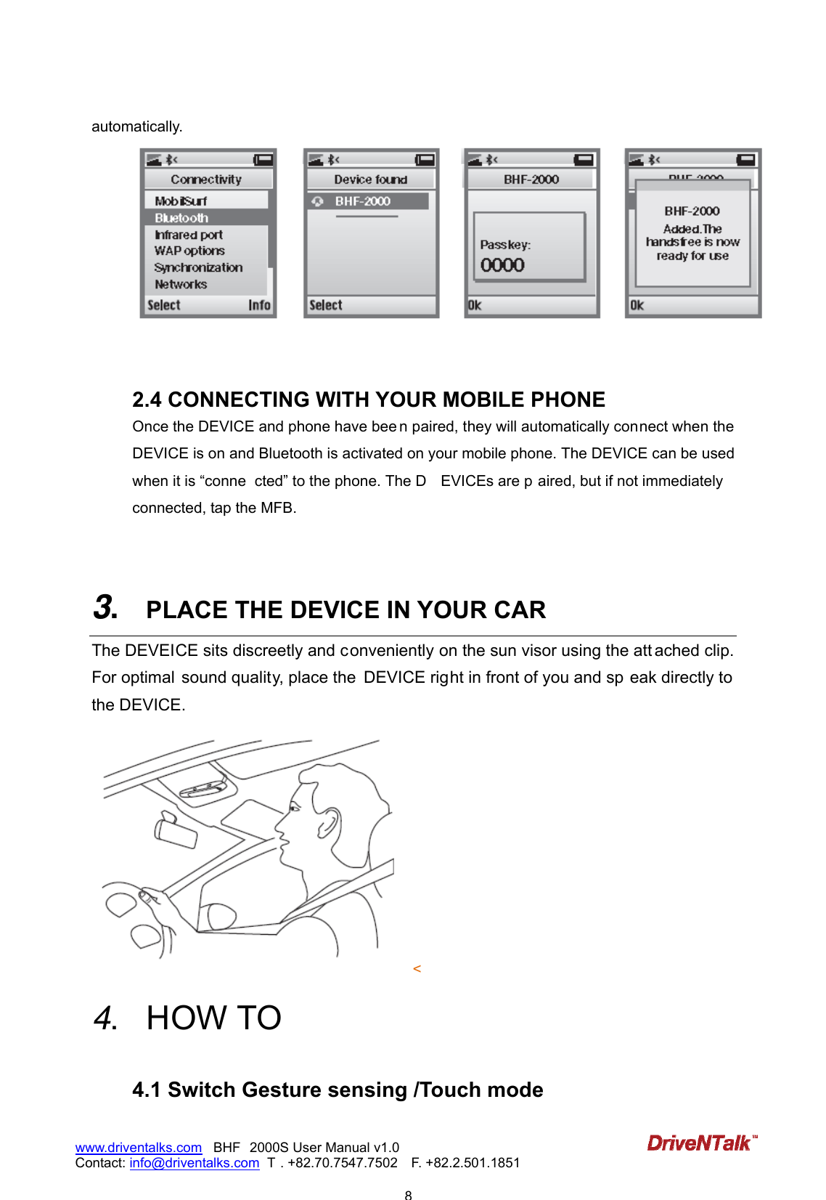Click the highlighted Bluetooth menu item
pyautogui.click(x=181, y=218)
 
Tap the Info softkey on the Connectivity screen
pyautogui.click(x=259, y=305)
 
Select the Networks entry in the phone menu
pyautogui.click(x=181, y=285)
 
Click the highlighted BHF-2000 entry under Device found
pyautogui.click(x=363, y=201)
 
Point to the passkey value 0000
pyautogui.click(x=502, y=265)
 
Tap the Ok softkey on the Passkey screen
pyautogui.click(x=475, y=305)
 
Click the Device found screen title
pyautogui.click(x=370, y=179)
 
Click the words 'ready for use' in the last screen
pyautogui.click(x=692, y=256)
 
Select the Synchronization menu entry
pyautogui.click(x=198, y=267)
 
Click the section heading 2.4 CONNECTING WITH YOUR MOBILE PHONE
pyautogui.click(x=368, y=400)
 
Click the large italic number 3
pyautogui.click(x=105, y=607)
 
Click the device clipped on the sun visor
pyautogui.click(x=203, y=789)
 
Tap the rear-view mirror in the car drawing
pyautogui.click(x=175, y=831)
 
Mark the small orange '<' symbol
pyautogui.click(x=417, y=968)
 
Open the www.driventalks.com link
pyautogui.click(x=138, y=1147)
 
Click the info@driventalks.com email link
pyautogui.click(x=194, y=1162)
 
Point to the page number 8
pyautogui.click(x=408, y=1194)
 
